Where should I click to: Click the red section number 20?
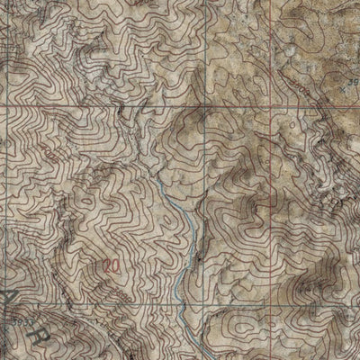[111, 265]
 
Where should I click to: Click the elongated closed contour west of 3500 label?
[279, 90]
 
